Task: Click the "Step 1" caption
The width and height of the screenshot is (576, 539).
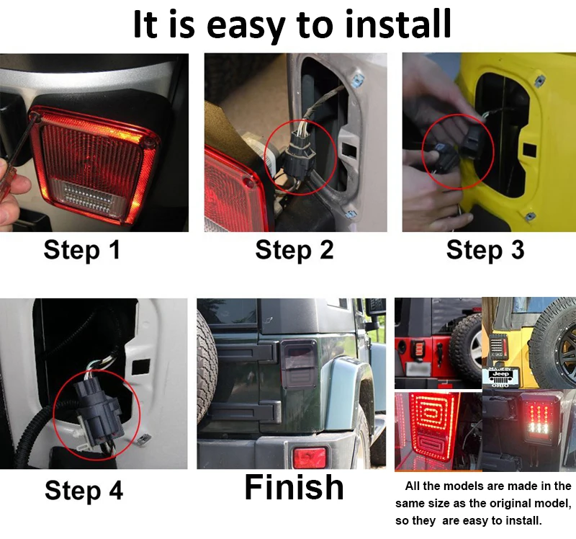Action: point(82,249)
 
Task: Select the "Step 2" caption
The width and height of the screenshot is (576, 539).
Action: point(294,249)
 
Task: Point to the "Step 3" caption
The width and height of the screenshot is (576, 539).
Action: point(485,249)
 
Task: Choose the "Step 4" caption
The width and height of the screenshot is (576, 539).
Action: point(84,490)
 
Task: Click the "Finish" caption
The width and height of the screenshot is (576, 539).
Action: point(294,487)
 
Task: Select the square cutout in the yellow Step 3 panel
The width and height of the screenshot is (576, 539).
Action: point(529,150)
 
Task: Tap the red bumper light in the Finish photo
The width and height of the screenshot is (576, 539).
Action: point(310,458)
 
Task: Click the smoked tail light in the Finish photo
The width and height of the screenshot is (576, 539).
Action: point(298,364)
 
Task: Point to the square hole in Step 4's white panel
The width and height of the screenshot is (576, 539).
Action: point(140,367)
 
